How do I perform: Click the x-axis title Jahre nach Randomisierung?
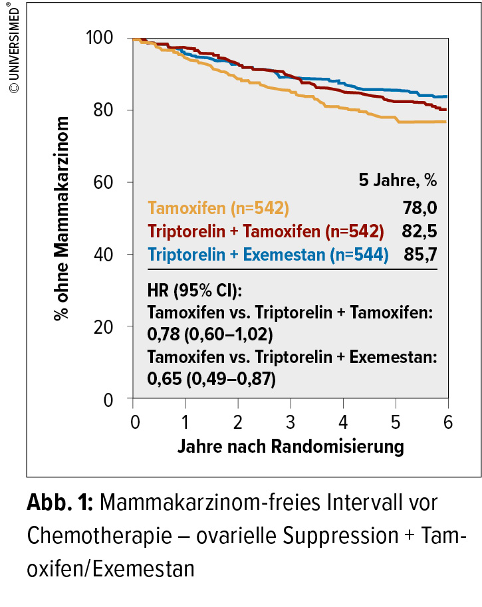[x=291, y=446]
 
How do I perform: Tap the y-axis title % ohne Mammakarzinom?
[x=62, y=218]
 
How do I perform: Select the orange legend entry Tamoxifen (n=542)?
[x=218, y=208]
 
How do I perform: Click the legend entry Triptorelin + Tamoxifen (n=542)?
[x=266, y=231]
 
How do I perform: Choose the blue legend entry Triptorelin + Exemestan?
[x=268, y=254]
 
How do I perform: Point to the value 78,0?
[x=420, y=208]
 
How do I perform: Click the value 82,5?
[x=420, y=231]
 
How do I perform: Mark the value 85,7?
[x=420, y=254]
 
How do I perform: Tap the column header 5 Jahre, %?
[x=398, y=180]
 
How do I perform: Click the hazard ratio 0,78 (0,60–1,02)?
[x=209, y=332]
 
